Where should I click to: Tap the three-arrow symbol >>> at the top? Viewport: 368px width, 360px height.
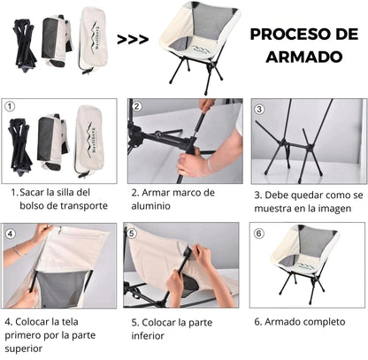(133, 39)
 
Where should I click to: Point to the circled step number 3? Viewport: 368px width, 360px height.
(260, 110)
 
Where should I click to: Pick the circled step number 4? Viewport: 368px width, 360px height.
(11, 234)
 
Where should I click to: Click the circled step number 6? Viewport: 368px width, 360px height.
(259, 234)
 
